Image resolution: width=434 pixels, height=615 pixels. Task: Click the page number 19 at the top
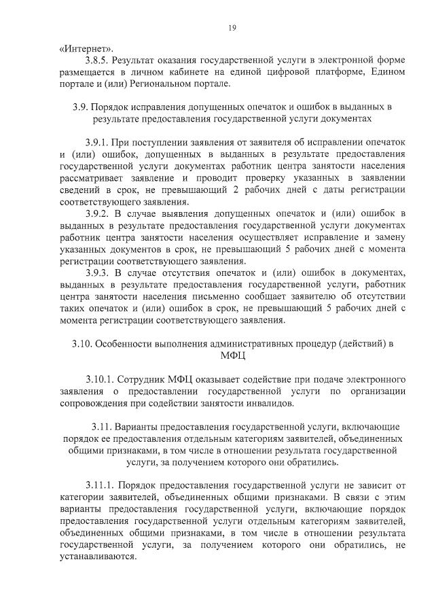[232, 28]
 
